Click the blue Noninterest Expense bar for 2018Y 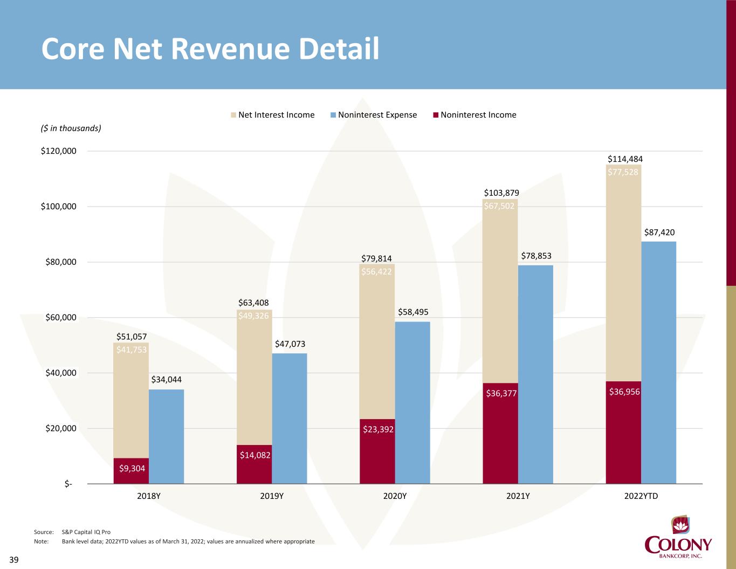click(x=166, y=436)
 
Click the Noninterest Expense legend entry click(x=373, y=115)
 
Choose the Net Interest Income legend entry click(x=272, y=115)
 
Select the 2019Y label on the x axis click(x=271, y=496)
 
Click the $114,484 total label click(x=625, y=159)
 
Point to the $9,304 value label click(x=132, y=468)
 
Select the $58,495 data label click(x=413, y=312)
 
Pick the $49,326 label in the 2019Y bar click(x=253, y=316)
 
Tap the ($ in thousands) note click(x=71, y=128)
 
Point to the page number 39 click(x=14, y=560)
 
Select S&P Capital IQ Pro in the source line click(x=86, y=532)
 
